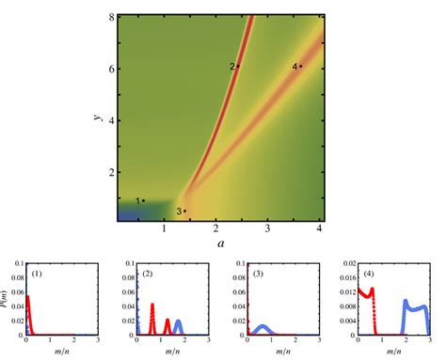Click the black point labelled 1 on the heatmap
[x=143, y=200]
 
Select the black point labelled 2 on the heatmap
[x=238, y=66]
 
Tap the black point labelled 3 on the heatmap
[x=184, y=211]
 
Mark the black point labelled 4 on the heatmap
[x=301, y=66]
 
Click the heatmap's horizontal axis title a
[x=220, y=243]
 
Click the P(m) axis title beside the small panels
[x=8, y=299]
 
